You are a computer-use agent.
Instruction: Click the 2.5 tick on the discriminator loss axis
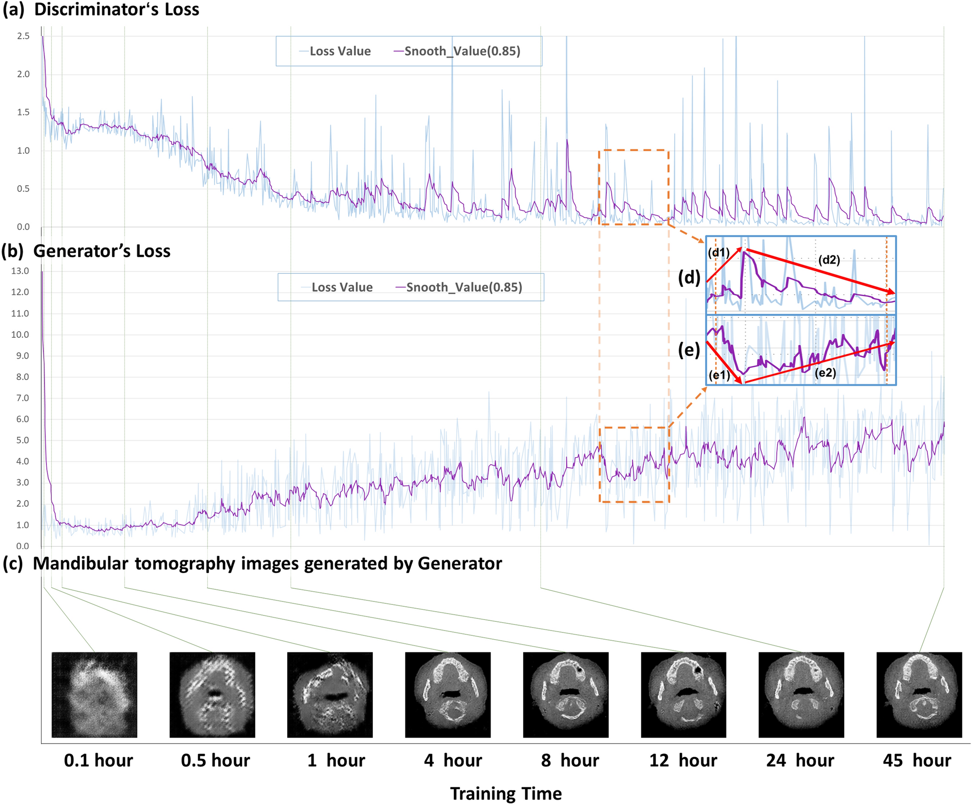click(23, 36)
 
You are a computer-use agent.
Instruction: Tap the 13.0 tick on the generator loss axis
click(20, 271)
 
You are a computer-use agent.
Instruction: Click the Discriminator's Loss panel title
click(101, 10)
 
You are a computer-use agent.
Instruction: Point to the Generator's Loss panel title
click(86, 251)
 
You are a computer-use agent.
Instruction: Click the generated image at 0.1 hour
click(94, 695)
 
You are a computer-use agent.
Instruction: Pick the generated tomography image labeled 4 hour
click(447, 695)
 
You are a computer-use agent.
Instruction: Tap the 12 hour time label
click(683, 760)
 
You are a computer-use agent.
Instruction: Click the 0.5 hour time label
click(216, 760)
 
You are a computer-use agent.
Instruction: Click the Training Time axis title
click(506, 794)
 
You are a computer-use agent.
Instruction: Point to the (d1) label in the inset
click(718, 253)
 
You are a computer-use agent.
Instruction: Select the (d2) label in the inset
click(829, 260)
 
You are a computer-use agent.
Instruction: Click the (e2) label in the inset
click(825, 373)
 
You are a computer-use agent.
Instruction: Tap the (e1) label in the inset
click(719, 375)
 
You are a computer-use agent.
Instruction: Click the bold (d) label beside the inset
click(689, 277)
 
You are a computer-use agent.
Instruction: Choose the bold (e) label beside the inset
click(689, 349)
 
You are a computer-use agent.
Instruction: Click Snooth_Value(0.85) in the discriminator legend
click(462, 51)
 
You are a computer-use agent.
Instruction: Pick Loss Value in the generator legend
click(342, 287)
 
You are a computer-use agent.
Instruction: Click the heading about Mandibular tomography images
click(252, 564)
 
